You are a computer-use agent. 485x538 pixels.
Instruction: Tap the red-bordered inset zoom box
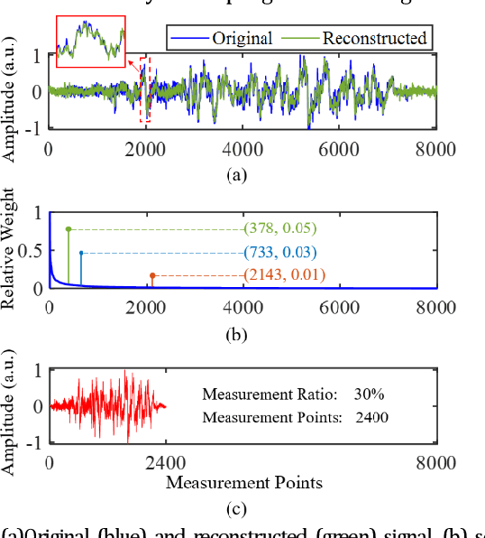(x=90, y=42)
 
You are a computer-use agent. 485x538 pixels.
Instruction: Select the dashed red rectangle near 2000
(x=145, y=89)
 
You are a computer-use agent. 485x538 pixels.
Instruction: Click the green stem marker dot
(x=69, y=229)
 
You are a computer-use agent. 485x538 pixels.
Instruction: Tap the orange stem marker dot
(x=152, y=275)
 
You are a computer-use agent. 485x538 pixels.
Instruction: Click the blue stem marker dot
(x=81, y=253)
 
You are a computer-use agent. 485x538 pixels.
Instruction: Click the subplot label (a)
(x=236, y=177)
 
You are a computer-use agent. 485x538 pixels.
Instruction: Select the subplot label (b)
(x=236, y=335)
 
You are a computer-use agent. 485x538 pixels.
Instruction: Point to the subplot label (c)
(x=236, y=510)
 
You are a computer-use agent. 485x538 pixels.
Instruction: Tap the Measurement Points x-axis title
(x=243, y=483)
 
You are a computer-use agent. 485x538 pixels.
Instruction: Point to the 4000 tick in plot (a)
(x=242, y=150)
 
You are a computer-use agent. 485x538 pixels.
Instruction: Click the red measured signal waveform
(x=108, y=406)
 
